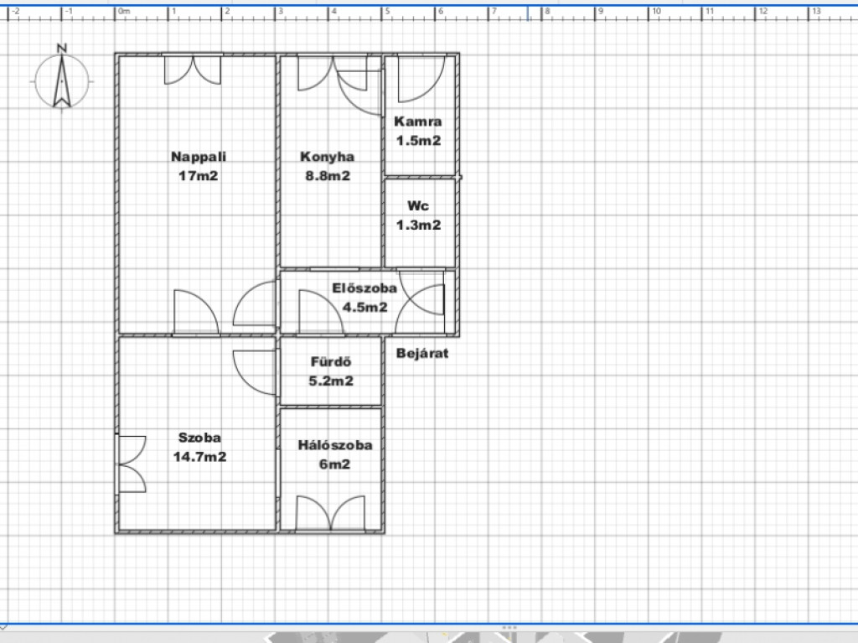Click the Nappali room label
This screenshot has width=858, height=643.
pos(198,157)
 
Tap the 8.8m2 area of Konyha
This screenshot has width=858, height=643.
pos(328,176)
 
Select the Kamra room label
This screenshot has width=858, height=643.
pos(417,121)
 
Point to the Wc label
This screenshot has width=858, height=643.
pos(418,206)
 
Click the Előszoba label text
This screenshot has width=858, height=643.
pos(364,288)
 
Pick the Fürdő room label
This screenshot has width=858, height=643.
pos(331,361)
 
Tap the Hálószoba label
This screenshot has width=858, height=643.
pos(335,444)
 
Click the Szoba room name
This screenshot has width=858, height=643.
pos(199,438)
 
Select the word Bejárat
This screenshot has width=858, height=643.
pos(422,353)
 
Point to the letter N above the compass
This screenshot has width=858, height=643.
pos(62,48)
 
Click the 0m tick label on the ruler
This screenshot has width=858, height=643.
pos(125,11)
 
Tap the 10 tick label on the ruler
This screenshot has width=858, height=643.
pos(656,11)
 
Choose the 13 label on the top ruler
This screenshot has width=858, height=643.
pos(816,11)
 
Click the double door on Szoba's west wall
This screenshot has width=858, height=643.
pos(132,464)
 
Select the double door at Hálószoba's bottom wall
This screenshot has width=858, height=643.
pos(330,513)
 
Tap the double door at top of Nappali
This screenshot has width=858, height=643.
pos(193,70)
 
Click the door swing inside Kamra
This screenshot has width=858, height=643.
pos(421,79)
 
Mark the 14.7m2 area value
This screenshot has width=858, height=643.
pos(199,457)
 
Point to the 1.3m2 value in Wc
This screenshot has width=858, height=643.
pos(418,226)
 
